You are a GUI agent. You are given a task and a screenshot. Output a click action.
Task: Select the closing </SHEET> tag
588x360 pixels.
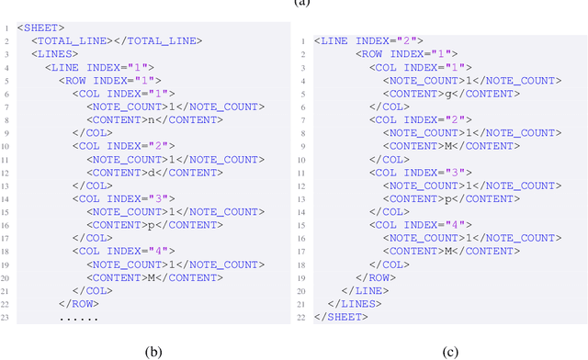tap(341, 317)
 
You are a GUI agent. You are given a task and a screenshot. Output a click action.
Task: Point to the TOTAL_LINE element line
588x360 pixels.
tap(116, 41)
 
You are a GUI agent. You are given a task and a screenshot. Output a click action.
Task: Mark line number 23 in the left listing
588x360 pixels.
tap(6, 317)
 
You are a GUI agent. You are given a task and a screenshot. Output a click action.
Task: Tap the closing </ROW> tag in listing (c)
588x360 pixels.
tap(377, 277)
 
